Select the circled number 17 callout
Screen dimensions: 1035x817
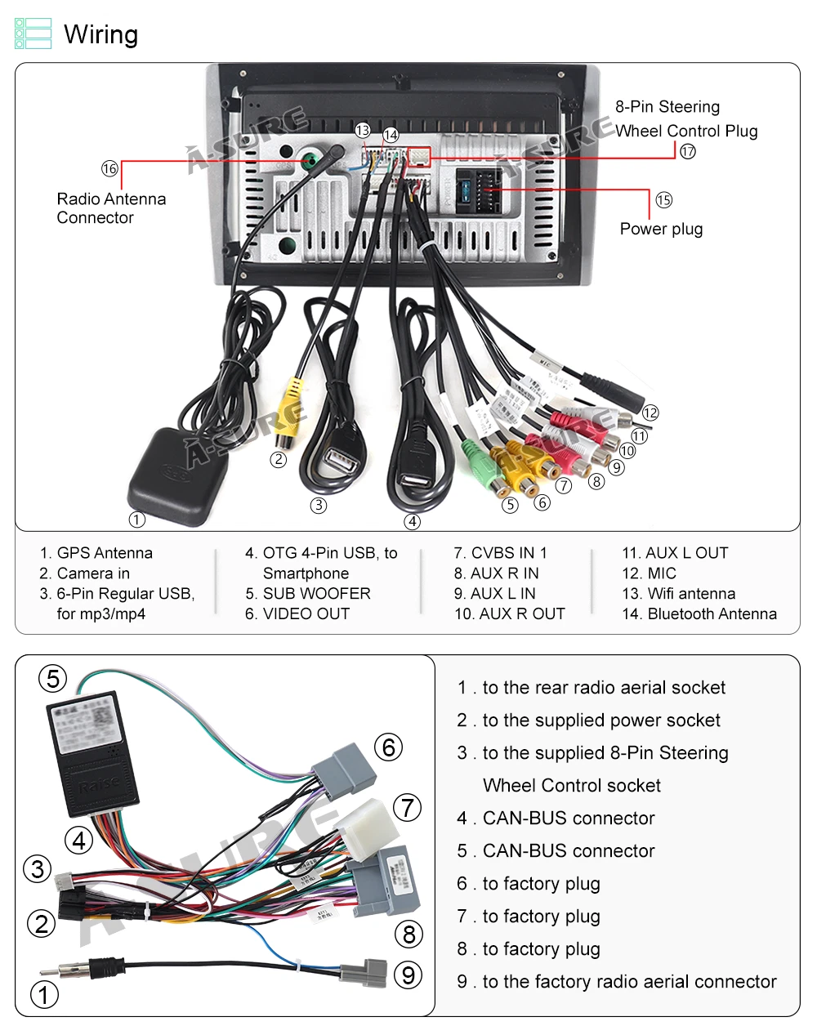pyautogui.click(x=688, y=151)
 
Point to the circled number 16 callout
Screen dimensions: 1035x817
pyautogui.click(x=109, y=169)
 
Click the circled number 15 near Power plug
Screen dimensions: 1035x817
pyautogui.click(x=663, y=200)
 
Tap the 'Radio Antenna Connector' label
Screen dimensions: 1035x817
pyautogui.click(x=111, y=208)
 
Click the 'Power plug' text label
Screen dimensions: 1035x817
pyautogui.click(x=661, y=229)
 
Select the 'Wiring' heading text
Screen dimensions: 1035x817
pyautogui.click(x=100, y=34)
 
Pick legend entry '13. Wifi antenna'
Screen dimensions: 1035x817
pyautogui.click(x=678, y=594)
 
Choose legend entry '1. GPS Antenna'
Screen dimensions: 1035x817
pyautogui.click(x=96, y=553)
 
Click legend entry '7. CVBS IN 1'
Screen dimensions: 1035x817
pyautogui.click(x=500, y=553)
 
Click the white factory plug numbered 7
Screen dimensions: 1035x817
pyautogui.click(x=368, y=825)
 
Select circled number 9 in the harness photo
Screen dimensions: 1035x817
pyautogui.click(x=409, y=975)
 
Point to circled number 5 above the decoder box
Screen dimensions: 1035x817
pyautogui.click(x=53, y=679)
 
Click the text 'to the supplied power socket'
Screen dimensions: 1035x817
pyautogui.click(x=601, y=720)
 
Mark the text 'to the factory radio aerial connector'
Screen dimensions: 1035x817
pyautogui.click(x=629, y=982)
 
